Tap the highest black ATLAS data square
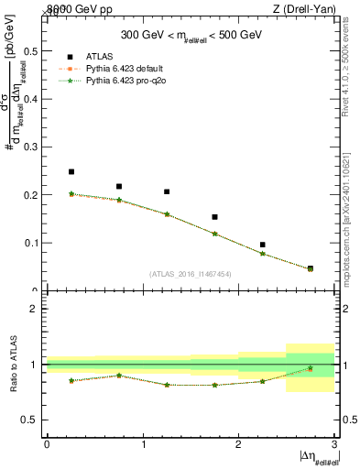[71, 171]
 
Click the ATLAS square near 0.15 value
[214, 217]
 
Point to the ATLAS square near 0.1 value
[263, 245]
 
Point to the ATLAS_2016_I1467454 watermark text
[191, 274]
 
